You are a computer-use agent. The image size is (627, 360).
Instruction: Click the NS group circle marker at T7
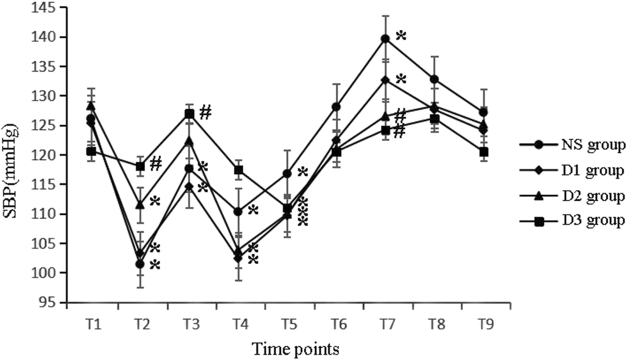(x=385, y=39)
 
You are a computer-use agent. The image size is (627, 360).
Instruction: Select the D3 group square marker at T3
(x=189, y=114)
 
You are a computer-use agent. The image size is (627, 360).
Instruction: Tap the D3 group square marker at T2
(x=140, y=167)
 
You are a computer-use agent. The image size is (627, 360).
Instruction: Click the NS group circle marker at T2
(x=140, y=264)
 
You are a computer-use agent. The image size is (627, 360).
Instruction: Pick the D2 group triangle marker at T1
(x=91, y=106)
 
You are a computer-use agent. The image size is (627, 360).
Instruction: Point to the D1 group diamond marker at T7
(x=385, y=80)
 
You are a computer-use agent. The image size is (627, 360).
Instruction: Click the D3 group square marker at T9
(x=483, y=152)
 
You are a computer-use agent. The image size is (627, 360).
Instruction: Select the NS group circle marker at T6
(x=336, y=107)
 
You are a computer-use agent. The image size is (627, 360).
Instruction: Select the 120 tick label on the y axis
(x=53, y=155)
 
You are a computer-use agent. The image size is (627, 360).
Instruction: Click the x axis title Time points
(x=296, y=349)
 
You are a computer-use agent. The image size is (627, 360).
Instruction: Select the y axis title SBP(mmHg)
(x=13, y=155)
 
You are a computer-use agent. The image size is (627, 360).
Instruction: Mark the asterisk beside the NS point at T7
(x=401, y=36)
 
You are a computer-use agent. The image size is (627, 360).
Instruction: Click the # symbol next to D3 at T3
(x=205, y=113)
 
